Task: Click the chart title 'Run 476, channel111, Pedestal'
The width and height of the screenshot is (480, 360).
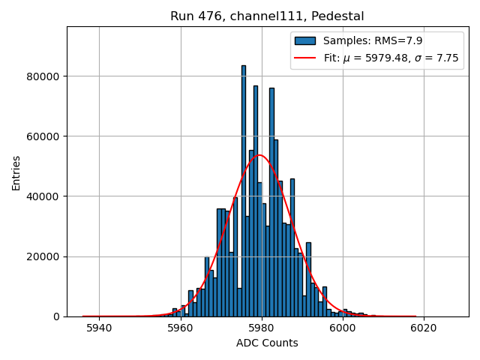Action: point(267,16)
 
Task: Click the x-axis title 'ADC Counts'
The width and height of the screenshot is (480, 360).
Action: point(267,343)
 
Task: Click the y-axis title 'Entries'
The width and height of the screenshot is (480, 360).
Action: point(16,172)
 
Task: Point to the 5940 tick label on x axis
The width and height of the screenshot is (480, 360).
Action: point(99,328)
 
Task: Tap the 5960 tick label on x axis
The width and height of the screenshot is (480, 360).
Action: point(180,328)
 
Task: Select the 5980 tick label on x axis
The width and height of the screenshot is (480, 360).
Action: point(261,328)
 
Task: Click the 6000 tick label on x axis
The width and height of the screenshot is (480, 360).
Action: point(342,328)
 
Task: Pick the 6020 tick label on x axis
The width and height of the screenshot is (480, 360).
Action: point(423,328)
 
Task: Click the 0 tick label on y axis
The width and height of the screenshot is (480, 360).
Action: point(57,316)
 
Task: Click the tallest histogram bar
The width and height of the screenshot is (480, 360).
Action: point(243,187)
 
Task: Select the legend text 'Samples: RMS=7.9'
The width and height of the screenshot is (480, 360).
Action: point(367,40)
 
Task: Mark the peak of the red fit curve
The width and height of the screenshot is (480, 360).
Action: point(259,155)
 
